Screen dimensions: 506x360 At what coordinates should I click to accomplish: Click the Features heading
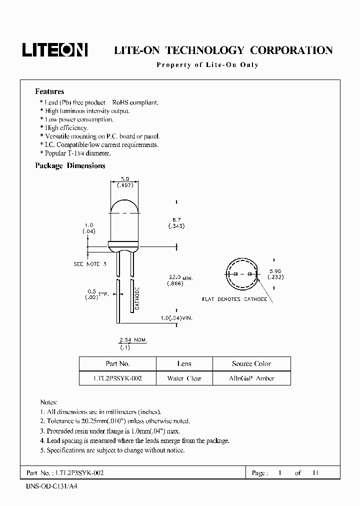point(49,91)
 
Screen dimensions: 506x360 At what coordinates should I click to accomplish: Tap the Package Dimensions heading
point(70,165)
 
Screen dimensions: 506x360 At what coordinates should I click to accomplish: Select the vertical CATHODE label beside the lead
point(136,299)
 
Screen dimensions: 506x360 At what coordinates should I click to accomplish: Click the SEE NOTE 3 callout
point(90,263)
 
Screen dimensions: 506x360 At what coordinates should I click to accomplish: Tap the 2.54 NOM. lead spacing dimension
point(132,340)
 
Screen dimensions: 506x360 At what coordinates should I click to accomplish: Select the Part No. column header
point(117,363)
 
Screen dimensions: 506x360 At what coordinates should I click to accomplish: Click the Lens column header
point(184,363)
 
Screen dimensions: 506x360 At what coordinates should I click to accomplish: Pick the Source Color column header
point(251,363)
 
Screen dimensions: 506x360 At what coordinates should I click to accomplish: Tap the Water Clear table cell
point(184,378)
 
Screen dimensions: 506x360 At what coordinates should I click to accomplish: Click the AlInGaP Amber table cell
point(251,378)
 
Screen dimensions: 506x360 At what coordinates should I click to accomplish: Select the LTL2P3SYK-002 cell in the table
point(117,378)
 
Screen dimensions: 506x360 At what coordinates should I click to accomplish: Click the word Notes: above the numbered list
point(48,402)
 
